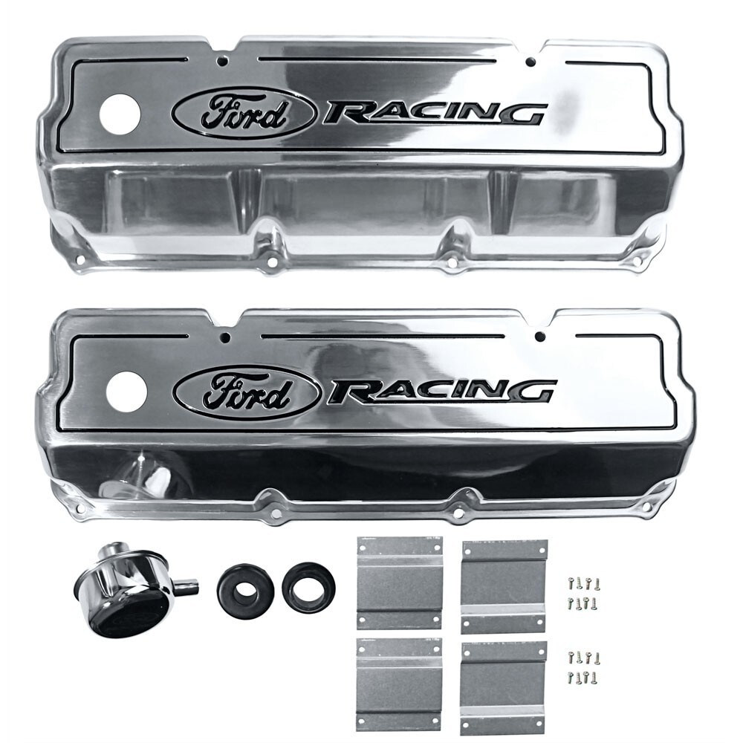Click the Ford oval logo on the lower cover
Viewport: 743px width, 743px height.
(247, 392)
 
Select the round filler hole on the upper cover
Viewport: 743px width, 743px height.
(120, 115)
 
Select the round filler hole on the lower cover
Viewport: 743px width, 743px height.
(126, 392)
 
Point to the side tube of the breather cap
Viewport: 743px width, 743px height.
(186, 586)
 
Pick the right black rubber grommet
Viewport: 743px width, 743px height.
(308, 587)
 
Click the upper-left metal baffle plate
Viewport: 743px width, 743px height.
(399, 583)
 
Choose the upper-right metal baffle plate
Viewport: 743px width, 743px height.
(504, 586)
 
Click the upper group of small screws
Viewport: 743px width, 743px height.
(583, 592)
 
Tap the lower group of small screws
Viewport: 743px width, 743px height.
(583, 666)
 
